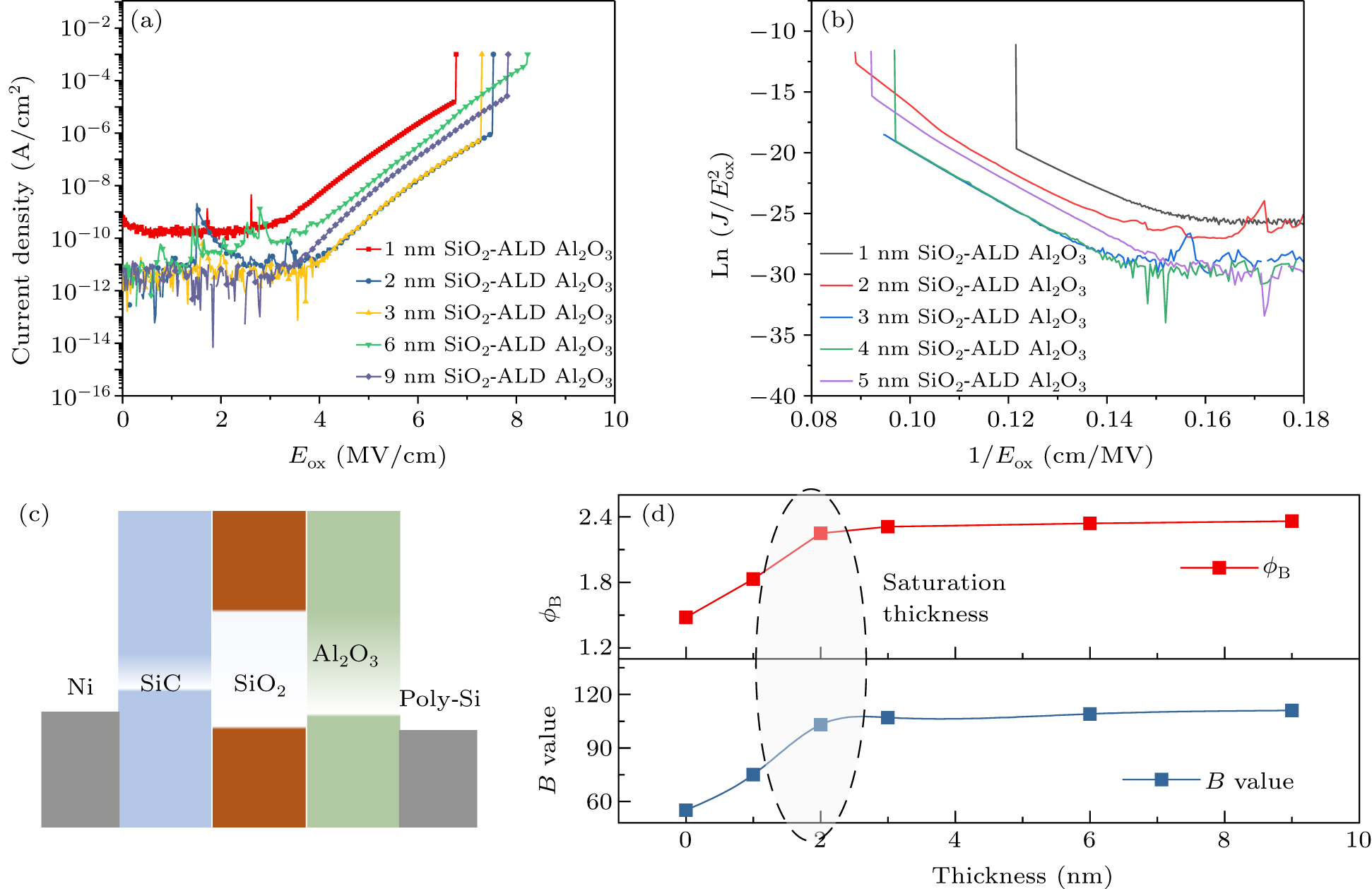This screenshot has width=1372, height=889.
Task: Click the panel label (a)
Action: (x=146, y=21)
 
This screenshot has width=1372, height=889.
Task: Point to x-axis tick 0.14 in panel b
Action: (x=1108, y=420)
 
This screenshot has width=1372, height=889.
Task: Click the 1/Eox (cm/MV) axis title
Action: (x=1060, y=457)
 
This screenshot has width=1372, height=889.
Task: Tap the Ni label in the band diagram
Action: (x=80, y=687)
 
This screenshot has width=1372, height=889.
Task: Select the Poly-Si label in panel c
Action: (x=439, y=699)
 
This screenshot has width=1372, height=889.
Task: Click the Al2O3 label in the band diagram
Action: (x=345, y=655)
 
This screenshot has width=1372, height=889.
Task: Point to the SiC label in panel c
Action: (x=160, y=683)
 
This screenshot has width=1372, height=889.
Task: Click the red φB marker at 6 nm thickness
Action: (x=1089, y=524)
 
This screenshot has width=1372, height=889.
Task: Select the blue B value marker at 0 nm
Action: (x=685, y=810)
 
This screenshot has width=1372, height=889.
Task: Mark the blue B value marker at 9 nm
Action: (x=1291, y=710)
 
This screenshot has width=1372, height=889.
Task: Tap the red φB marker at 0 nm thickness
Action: (x=685, y=618)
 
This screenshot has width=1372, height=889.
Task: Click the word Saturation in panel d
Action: (x=943, y=583)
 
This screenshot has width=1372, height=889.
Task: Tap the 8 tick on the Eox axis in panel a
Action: (x=516, y=420)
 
